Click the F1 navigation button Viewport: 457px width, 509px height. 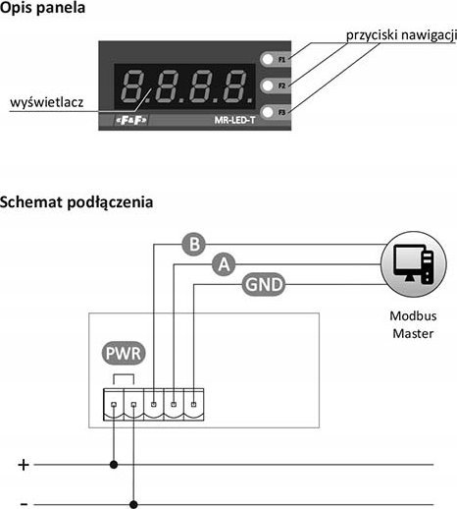tap(268, 59)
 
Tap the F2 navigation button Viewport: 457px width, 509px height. tap(268, 85)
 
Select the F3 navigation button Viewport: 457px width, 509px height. tap(268, 112)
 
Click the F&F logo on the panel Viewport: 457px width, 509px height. tap(131, 120)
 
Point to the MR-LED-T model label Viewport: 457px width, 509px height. tap(234, 120)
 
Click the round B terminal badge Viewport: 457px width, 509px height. tap(194, 245)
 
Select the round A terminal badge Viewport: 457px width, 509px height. tap(224, 264)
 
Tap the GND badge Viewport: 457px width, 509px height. tap(264, 284)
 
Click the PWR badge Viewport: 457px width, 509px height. tap(124, 353)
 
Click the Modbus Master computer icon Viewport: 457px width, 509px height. tap(414, 264)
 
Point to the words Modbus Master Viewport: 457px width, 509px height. tap(413, 324)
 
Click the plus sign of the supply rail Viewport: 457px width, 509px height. tap(24, 465)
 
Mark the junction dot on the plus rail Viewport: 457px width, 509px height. tap(114, 465)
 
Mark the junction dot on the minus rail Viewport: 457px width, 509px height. tap(133, 504)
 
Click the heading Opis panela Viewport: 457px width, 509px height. tap(42, 8)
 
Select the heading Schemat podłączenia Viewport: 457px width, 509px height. tap(76, 202)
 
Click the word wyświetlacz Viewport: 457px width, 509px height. tap(47, 102)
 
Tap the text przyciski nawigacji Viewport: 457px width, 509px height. tap(401, 35)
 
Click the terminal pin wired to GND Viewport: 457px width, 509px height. tap(193, 404)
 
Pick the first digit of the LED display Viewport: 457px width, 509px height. tap(133, 85)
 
